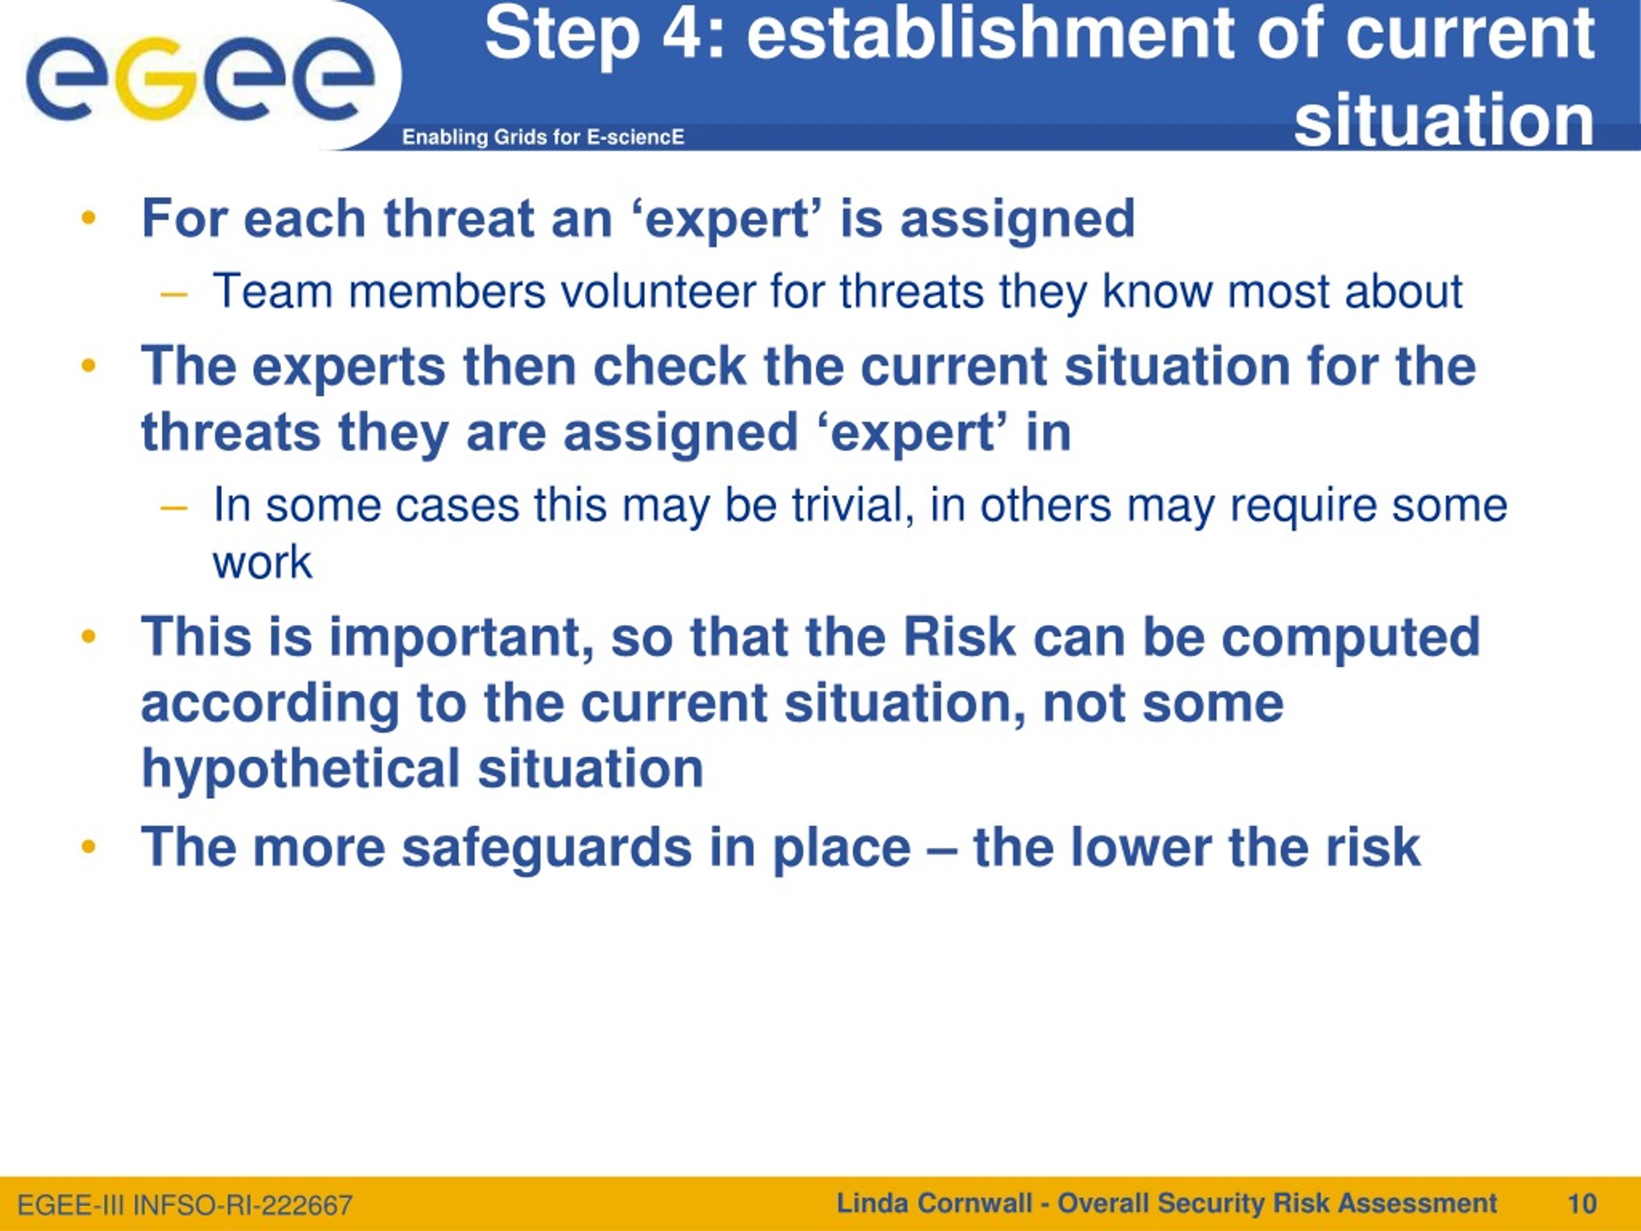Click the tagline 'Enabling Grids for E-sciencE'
coord(543,137)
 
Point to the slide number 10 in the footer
coord(1581,1203)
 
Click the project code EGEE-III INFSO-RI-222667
coord(185,1205)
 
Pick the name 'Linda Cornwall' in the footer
coord(934,1203)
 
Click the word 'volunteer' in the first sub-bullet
coord(657,291)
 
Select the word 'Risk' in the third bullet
coord(958,637)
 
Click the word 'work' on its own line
coord(262,562)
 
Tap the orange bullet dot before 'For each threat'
coord(89,219)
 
